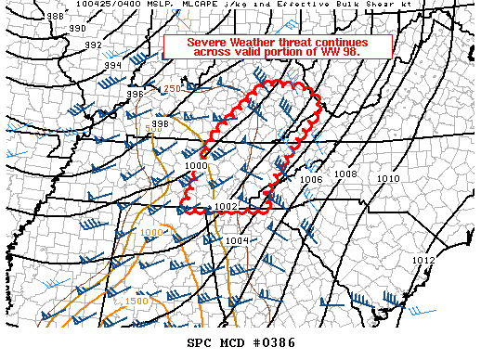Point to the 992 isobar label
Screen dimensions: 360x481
coord(94,45)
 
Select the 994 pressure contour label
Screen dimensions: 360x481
coord(112,66)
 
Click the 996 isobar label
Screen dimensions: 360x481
coord(136,94)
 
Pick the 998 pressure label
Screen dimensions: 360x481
coord(160,124)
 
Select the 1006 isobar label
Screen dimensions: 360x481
coord(310,180)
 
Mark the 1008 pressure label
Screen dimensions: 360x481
coord(345,174)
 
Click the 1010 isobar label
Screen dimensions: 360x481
coord(388,178)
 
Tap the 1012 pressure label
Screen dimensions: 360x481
coord(423,261)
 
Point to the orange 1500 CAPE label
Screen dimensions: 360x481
coord(136,302)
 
